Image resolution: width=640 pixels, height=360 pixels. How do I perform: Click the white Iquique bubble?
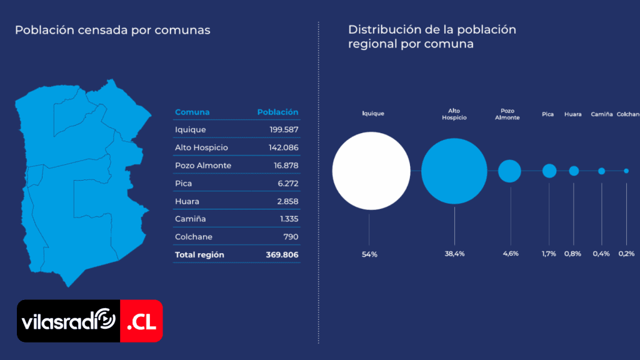click(371, 171)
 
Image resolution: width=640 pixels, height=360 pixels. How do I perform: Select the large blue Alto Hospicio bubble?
click(454, 171)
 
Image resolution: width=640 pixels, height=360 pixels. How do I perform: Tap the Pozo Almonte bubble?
click(509, 171)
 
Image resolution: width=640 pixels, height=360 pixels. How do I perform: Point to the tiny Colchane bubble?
click(626, 171)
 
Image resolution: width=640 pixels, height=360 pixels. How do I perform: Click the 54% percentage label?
click(369, 254)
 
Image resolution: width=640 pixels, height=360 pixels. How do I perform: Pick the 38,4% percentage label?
click(454, 254)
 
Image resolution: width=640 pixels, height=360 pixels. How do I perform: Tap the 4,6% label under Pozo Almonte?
click(511, 254)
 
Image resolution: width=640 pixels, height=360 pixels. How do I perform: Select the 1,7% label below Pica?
click(549, 254)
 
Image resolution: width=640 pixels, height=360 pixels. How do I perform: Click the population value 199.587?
click(281, 130)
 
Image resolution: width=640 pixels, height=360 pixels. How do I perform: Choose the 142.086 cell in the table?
click(281, 147)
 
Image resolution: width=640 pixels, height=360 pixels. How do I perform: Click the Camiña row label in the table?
click(191, 219)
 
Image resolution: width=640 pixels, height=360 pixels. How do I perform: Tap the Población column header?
click(277, 112)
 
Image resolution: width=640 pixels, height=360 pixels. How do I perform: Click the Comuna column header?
click(192, 112)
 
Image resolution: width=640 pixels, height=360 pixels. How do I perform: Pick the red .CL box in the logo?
click(141, 321)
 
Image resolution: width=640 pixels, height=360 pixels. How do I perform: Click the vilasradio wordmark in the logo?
click(68, 322)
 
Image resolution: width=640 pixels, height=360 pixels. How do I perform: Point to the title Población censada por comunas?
click(112, 30)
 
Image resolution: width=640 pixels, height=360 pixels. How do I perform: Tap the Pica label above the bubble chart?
click(548, 114)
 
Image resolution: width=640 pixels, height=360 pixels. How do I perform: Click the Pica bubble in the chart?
click(549, 171)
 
